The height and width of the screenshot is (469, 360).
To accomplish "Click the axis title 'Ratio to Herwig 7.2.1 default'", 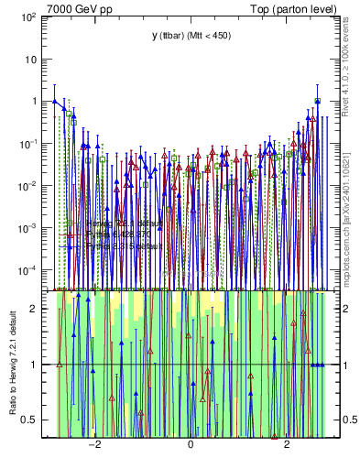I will pyautogui.click(x=14, y=363).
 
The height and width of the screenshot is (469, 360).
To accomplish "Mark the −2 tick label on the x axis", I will pyautogui.click(x=93, y=448).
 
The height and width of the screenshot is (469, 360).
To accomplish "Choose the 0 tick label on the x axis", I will pyautogui.click(x=191, y=448).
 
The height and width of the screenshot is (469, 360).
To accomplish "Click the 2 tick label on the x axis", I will pyautogui.click(x=287, y=448).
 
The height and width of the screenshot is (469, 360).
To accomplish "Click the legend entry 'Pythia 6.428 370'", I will pyautogui.click(x=119, y=234).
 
